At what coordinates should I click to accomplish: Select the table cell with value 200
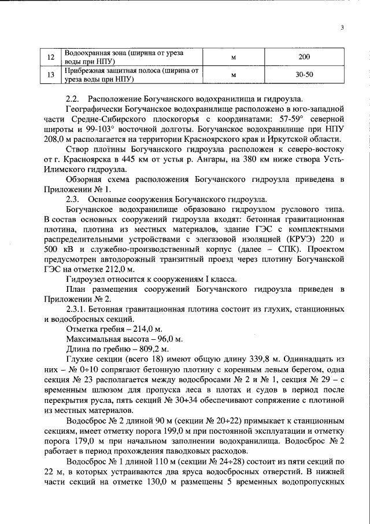click(x=305, y=57)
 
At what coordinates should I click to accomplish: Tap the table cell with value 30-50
click(x=305, y=75)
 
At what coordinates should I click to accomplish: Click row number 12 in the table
click(x=50, y=57)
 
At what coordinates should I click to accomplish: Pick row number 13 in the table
click(x=50, y=75)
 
